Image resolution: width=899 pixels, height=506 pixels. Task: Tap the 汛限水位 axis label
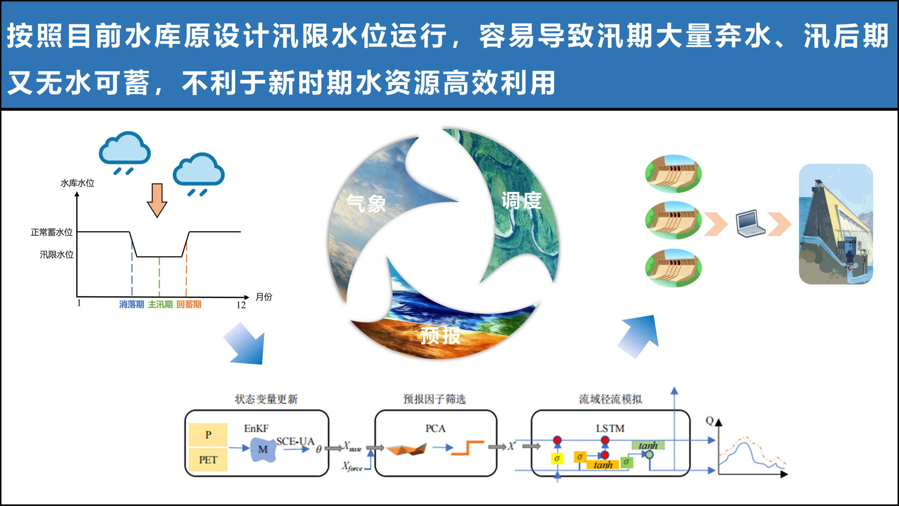coord(57,255)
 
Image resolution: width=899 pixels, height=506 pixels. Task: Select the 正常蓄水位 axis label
coord(52,232)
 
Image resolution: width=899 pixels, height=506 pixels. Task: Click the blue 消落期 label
coord(132,304)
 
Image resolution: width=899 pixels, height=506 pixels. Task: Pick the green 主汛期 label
coord(160,304)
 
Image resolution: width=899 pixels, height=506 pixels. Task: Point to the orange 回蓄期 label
coord(189,304)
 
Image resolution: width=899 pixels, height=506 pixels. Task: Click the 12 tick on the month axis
coord(241,305)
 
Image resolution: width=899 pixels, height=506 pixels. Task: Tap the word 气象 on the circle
coord(366,203)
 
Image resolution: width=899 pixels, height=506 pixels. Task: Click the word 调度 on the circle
coord(522,200)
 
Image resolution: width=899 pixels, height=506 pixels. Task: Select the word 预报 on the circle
coord(440,336)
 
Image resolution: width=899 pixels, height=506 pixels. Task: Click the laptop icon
coord(750,224)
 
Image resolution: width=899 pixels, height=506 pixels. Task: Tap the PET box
coord(208,460)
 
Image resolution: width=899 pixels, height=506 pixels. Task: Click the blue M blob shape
coord(263,449)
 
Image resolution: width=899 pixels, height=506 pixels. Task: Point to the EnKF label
coord(256,429)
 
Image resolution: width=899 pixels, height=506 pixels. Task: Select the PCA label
coord(435,429)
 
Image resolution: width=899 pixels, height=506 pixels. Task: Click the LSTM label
coord(610,429)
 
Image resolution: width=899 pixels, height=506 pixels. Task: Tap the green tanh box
coord(648,446)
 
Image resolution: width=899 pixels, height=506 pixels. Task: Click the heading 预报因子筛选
coord(434,399)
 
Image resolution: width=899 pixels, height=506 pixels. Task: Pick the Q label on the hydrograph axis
coord(710,421)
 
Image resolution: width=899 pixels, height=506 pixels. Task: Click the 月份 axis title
coord(264,297)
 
